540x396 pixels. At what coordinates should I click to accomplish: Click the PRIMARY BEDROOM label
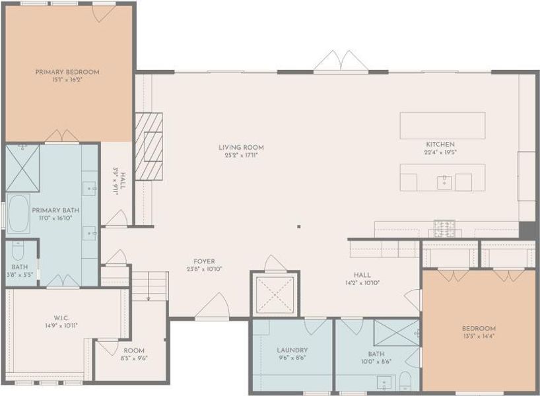pos(67,71)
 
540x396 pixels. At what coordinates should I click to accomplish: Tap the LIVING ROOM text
pos(241,147)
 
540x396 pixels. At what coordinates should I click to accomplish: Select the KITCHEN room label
pos(440,144)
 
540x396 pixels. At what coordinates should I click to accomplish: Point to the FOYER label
pos(204,261)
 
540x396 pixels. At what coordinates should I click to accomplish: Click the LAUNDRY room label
pos(292,350)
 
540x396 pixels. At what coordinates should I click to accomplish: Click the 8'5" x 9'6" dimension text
pos(134,359)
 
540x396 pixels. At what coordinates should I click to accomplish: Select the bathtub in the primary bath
pos(18,214)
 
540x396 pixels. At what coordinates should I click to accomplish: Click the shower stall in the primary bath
pos(23,168)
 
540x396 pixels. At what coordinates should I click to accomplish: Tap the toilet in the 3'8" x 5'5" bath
pos(17,251)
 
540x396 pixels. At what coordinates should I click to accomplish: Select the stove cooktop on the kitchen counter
pos(444,228)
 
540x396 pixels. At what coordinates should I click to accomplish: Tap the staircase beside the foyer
pos(150,285)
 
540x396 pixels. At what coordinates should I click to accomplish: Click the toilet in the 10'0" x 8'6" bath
pos(406,381)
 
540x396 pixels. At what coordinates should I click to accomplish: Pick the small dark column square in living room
pos(298,226)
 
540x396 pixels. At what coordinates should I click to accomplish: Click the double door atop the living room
pos(340,63)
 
